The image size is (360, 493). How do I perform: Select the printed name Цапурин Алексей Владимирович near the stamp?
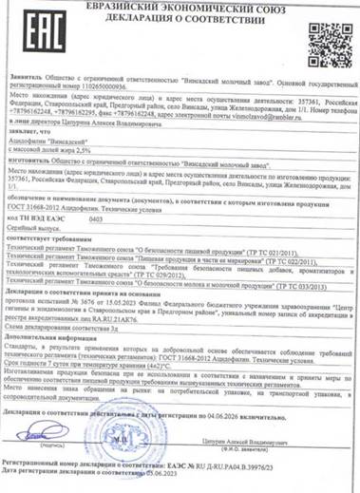pyautogui.click(x=276, y=444)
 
